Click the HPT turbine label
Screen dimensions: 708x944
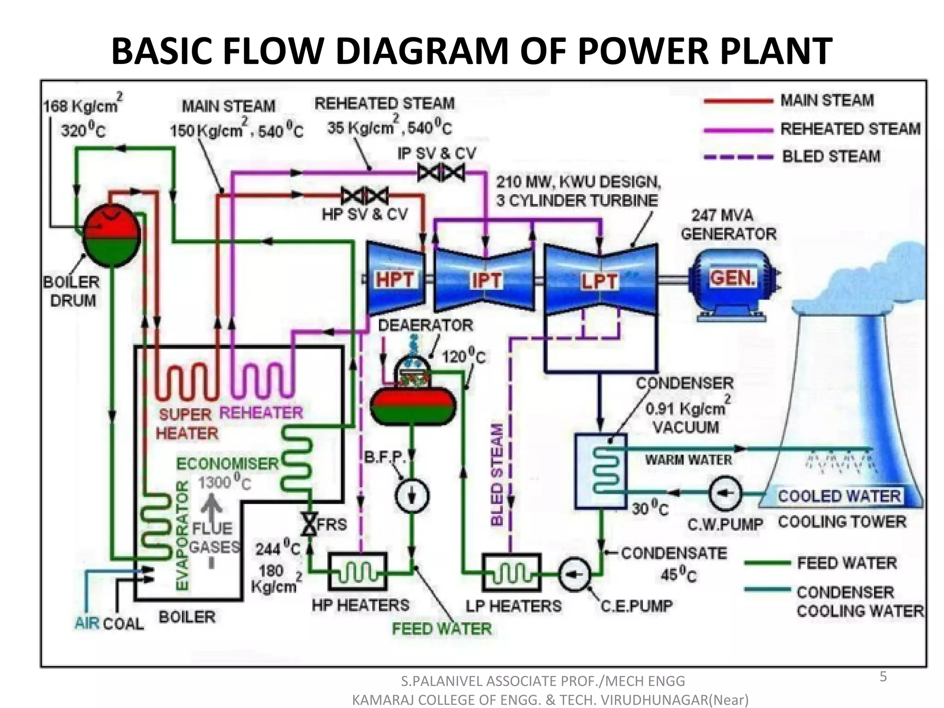coord(395,280)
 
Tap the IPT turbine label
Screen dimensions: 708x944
coord(486,280)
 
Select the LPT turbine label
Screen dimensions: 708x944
coord(599,281)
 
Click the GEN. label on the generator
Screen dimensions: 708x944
coord(732,278)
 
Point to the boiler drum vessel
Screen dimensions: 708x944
coord(112,235)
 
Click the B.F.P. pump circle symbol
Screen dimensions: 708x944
coord(412,496)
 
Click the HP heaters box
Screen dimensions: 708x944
coord(357,572)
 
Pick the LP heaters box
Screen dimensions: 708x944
coord(512,572)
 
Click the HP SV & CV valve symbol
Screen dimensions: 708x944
coord(365,196)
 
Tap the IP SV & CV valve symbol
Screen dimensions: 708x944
coord(441,173)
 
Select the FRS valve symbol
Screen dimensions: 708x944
coord(309,524)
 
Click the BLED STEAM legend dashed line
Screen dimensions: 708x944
coord(738,157)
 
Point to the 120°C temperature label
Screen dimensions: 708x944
coord(463,356)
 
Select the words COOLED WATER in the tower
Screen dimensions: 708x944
coord(839,496)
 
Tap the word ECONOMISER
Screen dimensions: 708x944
coord(228,463)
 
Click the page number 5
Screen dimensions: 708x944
coord(883,677)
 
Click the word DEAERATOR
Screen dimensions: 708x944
coord(425,325)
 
